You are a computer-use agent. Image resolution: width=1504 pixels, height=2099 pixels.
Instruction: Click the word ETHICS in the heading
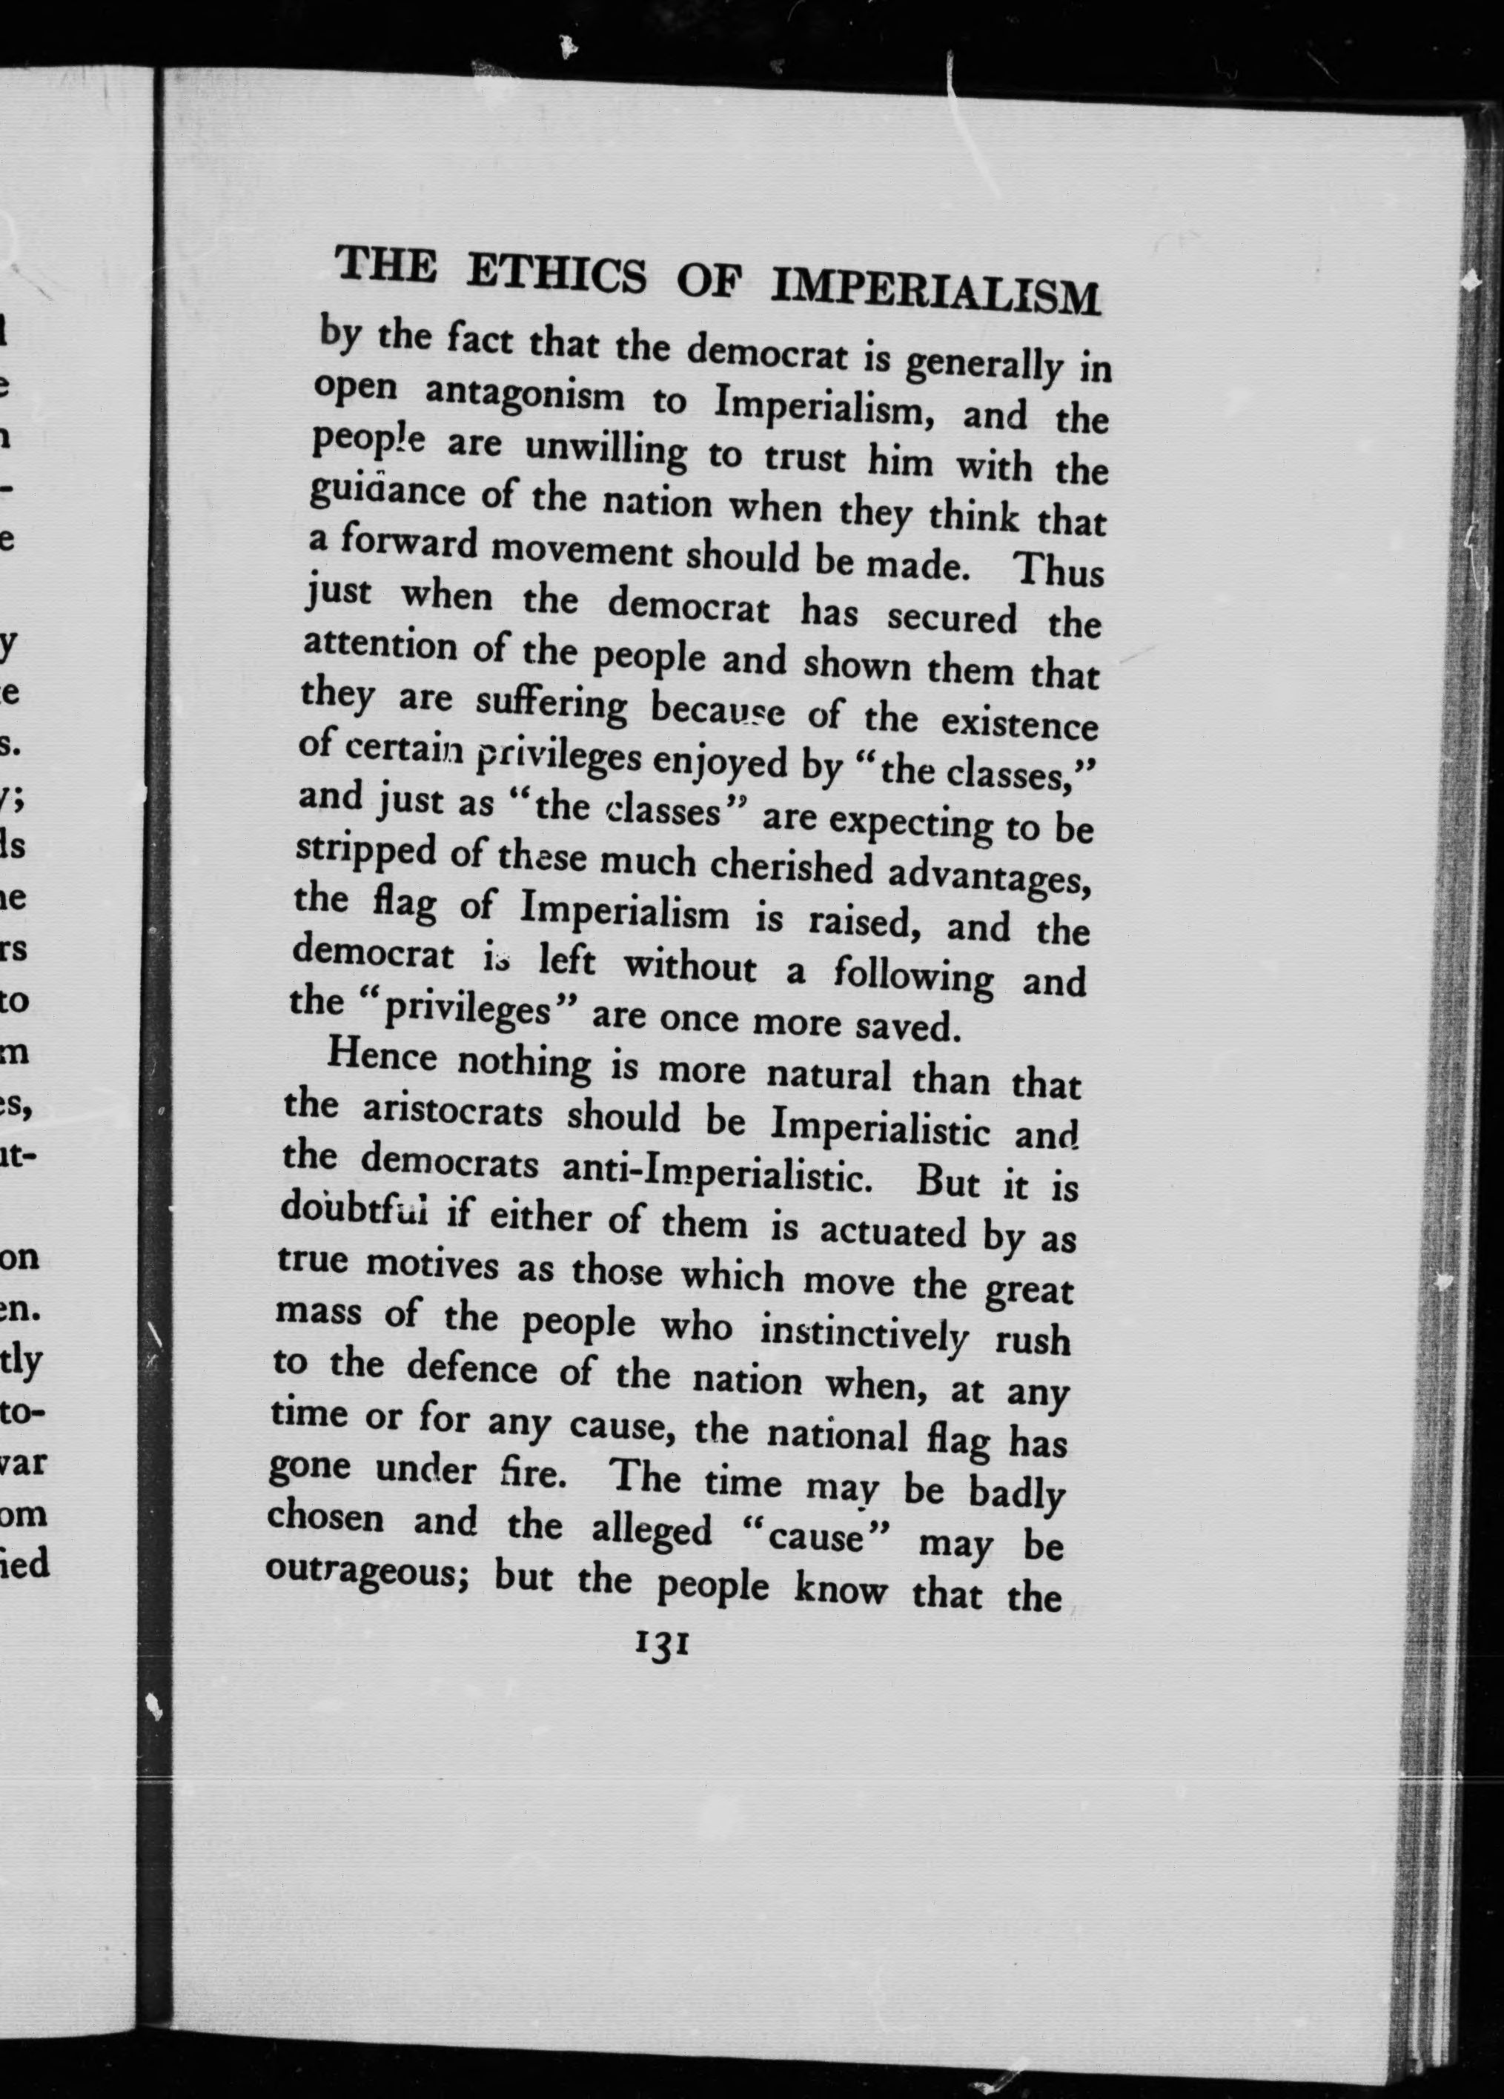coord(555,274)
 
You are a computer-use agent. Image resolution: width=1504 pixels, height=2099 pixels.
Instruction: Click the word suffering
coord(551,704)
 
